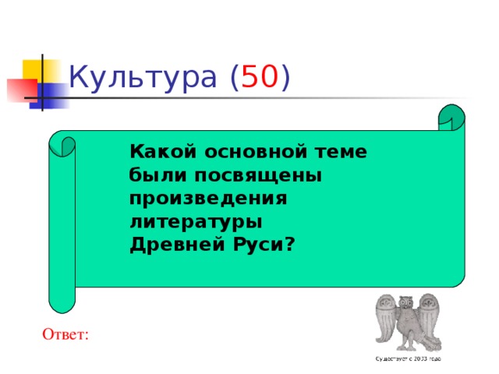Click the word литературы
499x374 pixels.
pyautogui.click(x=196, y=221)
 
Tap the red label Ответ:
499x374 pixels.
pyautogui.click(x=66, y=334)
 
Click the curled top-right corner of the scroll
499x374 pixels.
pyautogui.click(x=452, y=117)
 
